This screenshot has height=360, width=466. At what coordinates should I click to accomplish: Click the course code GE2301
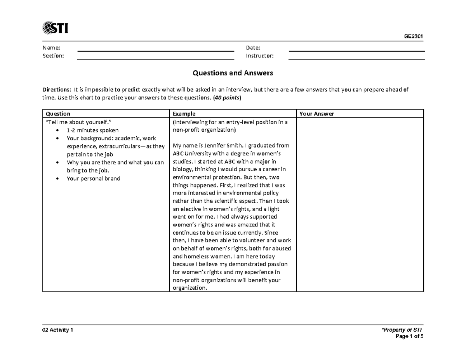click(x=413, y=37)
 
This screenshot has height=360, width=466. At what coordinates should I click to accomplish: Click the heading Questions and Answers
click(x=233, y=73)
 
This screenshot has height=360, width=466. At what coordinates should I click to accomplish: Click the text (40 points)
click(x=227, y=98)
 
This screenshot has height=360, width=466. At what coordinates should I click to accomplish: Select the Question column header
click(x=58, y=114)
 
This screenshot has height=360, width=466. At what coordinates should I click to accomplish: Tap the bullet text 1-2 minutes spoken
click(x=92, y=130)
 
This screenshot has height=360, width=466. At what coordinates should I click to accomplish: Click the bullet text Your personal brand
click(x=93, y=179)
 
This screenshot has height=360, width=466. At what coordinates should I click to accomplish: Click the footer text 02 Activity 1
click(x=57, y=330)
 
